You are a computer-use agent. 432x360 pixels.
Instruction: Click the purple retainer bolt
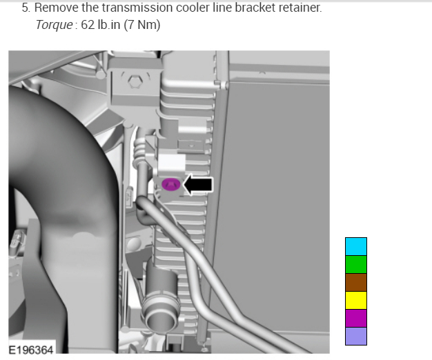pyautogui.click(x=171, y=184)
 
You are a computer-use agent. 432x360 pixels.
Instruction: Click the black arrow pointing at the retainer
pyautogui.click(x=198, y=184)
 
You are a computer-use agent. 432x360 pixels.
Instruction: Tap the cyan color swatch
pyautogui.click(x=356, y=247)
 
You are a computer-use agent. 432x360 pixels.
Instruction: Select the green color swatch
pyautogui.click(x=356, y=265)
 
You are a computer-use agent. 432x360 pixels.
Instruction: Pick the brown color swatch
pyautogui.click(x=356, y=282)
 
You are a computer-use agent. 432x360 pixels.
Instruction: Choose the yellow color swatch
pyautogui.click(x=356, y=300)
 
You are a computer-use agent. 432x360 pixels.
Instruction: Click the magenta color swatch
pyautogui.click(x=356, y=318)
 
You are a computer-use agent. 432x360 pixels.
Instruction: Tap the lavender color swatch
pyautogui.click(x=356, y=336)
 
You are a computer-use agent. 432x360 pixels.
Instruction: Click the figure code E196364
pyautogui.click(x=31, y=350)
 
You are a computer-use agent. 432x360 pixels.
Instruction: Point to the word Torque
pyautogui.click(x=54, y=25)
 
